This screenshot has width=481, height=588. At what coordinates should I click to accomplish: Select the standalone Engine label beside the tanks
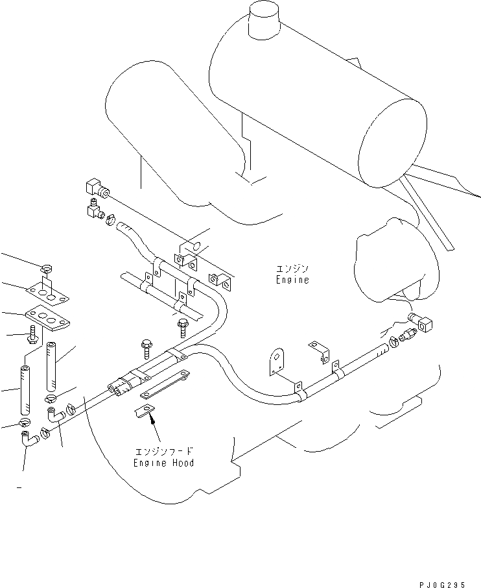[292, 280]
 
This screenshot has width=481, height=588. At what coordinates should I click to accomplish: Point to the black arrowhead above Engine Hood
[152, 421]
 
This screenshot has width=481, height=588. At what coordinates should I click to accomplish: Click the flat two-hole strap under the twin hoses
[165, 386]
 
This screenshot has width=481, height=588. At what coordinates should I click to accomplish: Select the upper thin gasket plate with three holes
[47, 293]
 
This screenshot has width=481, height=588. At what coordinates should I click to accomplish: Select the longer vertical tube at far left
[24, 391]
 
